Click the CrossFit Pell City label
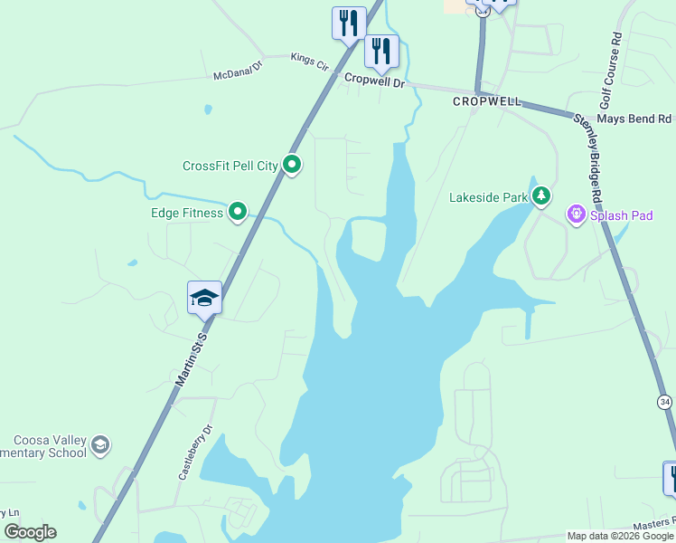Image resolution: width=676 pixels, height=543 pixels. pyautogui.click(x=230, y=166)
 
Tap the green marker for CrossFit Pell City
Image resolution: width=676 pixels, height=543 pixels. pyautogui.click(x=292, y=165)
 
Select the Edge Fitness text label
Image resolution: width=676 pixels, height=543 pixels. pyautogui.click(x=187, y=213)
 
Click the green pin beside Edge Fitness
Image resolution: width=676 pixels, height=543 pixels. pyautogui.click(x=238, y=212)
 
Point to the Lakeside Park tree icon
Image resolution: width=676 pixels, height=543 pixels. pyautogui.click(x=541, y=195)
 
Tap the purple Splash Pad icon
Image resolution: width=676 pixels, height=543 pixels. pyautogui.click(x=576, y=214)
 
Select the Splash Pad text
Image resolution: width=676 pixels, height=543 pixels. pyautogui.click(x=622, y=215)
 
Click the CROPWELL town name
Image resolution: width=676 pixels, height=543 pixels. pyautogui.click(x=487, y=102)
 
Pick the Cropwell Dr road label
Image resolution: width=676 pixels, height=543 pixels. pyautogui.click(x=375, y=80)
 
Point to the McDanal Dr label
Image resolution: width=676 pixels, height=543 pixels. pyautogui.click(x=237, y=71)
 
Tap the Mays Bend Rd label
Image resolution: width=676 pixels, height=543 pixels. pyautogui.click(x=635, y=119)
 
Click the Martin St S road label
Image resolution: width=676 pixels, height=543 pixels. pyautogui.click(x=191, y=360)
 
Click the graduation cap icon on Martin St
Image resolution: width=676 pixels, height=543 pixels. pyautogui.click(x=204, y=297)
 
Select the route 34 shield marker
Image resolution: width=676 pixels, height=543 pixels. pyautogui.click(x=665, y=401)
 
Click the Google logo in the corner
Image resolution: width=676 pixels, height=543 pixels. pyautogui.click(x=30, y=532)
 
